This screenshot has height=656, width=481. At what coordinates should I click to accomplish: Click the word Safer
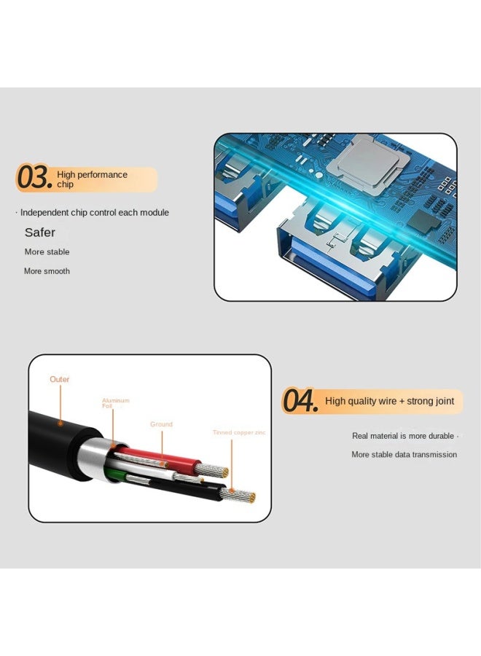[40, 233]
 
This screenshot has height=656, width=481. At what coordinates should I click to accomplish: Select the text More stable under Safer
[47, 252]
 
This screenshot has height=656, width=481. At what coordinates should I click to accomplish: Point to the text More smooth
[47, 271]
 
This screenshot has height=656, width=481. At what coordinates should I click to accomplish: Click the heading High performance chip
[92, 179]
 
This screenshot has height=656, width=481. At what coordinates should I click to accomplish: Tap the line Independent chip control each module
[94, 213]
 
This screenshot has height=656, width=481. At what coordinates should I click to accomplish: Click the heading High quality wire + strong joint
[389, 401]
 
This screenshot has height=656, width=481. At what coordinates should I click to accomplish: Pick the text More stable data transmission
[404, 455]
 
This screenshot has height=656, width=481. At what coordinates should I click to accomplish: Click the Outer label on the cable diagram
[60, 380]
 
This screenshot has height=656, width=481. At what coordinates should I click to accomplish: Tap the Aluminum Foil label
[115, 402]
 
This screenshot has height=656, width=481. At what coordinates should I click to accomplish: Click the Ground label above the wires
[161, 424]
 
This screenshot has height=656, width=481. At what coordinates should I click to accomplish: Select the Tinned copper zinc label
[239, 433]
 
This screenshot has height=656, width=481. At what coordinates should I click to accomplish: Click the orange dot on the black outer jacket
[60, 423]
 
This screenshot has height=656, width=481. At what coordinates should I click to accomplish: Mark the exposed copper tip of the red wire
[219, 472]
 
